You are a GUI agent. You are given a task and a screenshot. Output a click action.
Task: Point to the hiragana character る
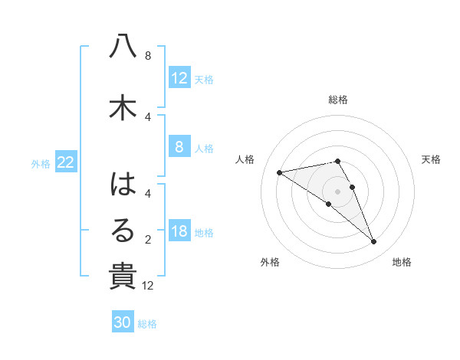123,230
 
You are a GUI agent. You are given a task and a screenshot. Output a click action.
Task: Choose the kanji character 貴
123,276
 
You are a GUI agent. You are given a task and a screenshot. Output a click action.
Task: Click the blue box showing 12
179,78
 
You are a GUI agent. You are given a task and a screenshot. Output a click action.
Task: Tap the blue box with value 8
179,147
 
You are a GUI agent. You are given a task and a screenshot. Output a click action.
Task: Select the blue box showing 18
179,232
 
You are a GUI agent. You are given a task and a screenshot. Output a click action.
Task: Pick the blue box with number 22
66,162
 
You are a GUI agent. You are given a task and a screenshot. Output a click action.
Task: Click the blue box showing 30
123,322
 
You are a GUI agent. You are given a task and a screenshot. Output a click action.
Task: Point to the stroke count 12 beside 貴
148,286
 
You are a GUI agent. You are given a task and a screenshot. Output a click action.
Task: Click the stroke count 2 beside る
148,240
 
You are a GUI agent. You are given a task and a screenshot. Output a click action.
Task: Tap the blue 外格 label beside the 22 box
41,162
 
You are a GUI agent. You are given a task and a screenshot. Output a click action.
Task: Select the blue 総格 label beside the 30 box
147,324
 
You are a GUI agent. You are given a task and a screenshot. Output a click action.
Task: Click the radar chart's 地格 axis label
402,262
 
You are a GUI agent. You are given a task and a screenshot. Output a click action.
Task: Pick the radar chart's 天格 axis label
431,159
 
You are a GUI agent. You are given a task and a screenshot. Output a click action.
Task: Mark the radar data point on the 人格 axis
280,172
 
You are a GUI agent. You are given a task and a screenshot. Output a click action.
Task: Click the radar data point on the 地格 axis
374,242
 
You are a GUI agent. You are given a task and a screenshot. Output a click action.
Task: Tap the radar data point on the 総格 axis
337,161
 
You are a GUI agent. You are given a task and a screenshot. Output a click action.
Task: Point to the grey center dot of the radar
337,190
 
